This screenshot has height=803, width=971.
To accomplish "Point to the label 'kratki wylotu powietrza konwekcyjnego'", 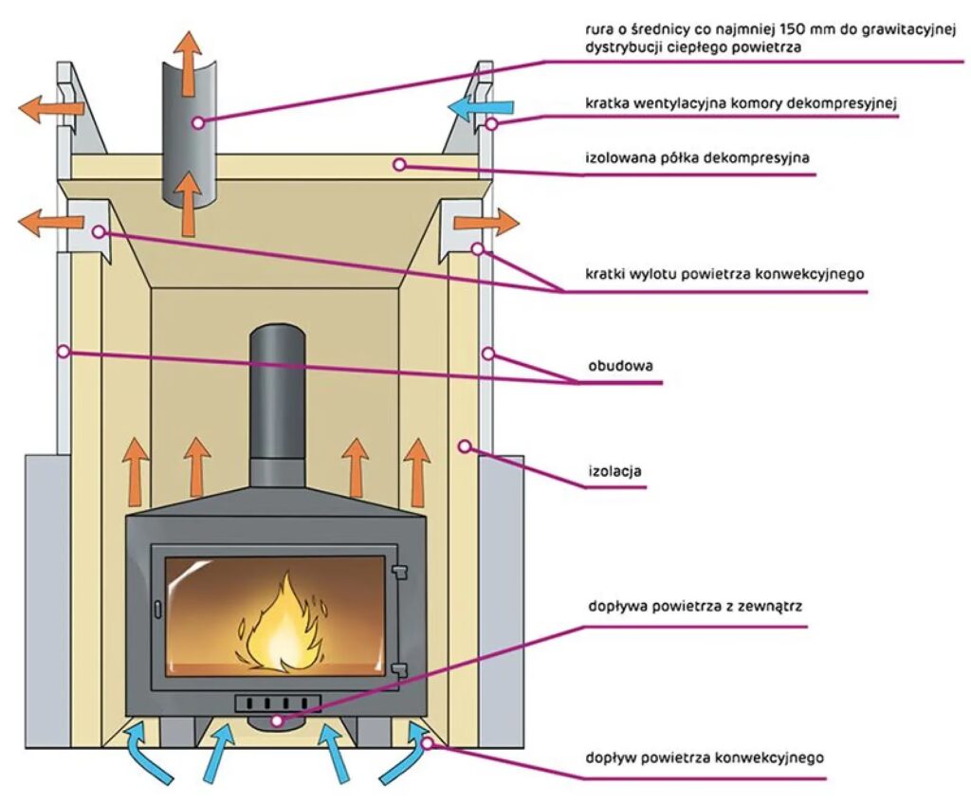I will pyautogui.click(x=724, y=275).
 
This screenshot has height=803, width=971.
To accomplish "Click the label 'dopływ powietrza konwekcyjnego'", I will pyautogui.click(x=705, y=757).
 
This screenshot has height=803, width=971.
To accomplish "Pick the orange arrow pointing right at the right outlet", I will pyautogui.click(x=485, y=224).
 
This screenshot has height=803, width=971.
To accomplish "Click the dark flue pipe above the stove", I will pyautogui.click(x=277, y=408).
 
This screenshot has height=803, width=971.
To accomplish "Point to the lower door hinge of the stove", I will pyautogui.click(x=400, y=669).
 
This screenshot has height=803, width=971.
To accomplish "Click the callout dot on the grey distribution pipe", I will pyautogui.click(x=197, y=122).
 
